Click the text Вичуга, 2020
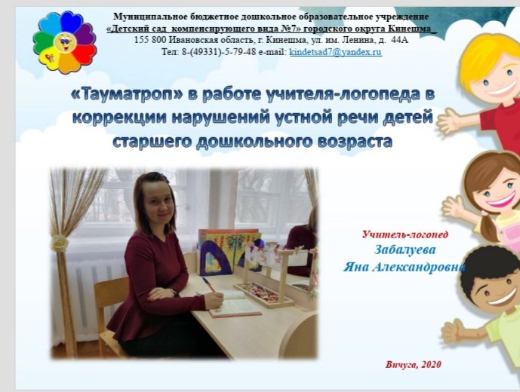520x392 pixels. tap(413, 364)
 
